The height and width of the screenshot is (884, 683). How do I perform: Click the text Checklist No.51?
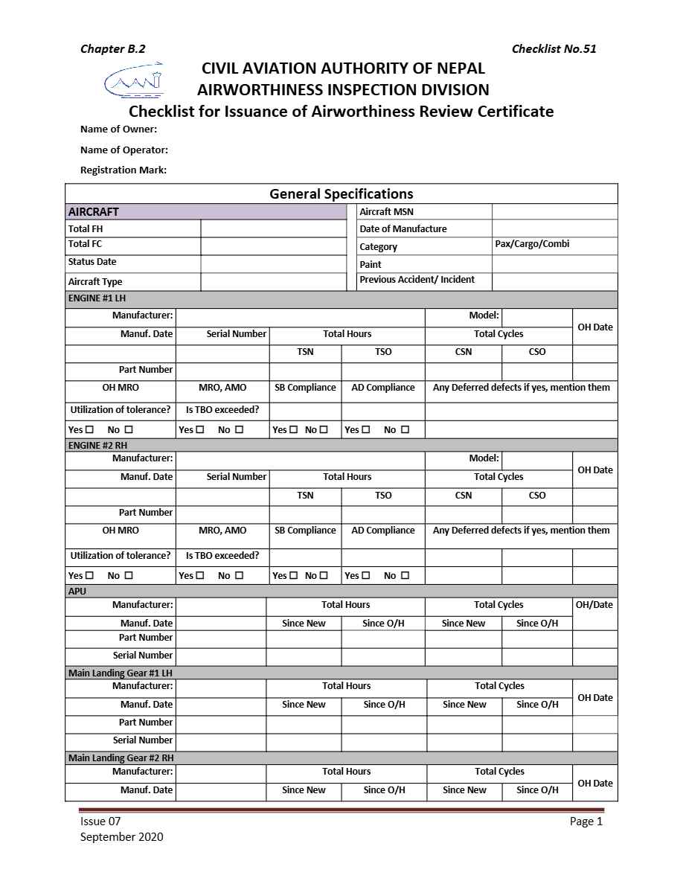tap(554, 49)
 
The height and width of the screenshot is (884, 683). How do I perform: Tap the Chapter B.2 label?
tap(112, 49)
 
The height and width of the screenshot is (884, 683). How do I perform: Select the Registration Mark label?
tap(123, 170)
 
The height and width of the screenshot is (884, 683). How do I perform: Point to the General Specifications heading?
tap(341, 194)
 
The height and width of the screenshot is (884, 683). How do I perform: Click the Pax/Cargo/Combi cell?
tap(532, 244)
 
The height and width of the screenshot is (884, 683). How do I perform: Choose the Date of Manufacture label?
tap(403, 229)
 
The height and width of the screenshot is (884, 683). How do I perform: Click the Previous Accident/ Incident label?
tap(416, 280)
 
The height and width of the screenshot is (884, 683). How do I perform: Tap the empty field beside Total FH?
tap(273, 229)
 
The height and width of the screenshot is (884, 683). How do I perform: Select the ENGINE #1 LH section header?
tap(97, 298)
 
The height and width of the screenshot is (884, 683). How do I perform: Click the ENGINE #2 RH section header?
tap(97, 446)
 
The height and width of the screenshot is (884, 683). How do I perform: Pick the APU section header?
tap(77, 592)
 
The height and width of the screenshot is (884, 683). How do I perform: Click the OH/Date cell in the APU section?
tap(594, 605)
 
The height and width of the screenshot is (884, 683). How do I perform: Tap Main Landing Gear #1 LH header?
tap(120, 673)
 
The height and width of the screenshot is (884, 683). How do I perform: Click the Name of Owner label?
tap(118, 129)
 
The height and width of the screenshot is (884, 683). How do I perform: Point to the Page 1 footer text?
tap(586, 821)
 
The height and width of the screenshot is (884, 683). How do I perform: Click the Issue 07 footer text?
tap(100, 821)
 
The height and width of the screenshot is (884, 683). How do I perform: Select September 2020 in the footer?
tap(121, 837)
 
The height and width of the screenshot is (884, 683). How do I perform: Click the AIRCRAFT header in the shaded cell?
tap(94, 212)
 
